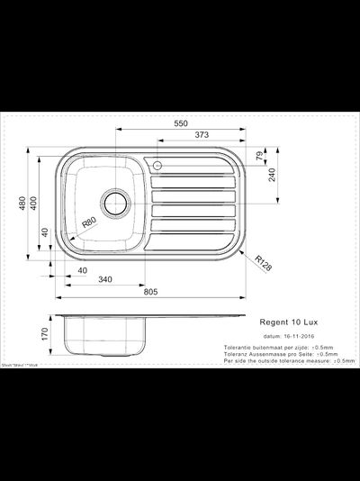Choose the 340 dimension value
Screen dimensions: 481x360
pos(105,282)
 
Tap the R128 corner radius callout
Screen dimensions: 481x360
pos(262,262)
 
